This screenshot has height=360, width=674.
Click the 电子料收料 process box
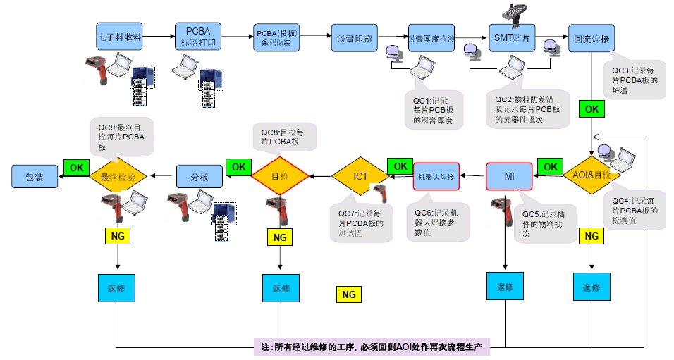120,36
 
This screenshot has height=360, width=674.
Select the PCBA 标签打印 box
198,36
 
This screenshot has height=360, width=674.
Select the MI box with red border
508,175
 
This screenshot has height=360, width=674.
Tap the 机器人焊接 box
436,176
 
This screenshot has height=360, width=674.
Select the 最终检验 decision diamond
118,177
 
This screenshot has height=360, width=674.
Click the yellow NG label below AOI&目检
592,235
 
